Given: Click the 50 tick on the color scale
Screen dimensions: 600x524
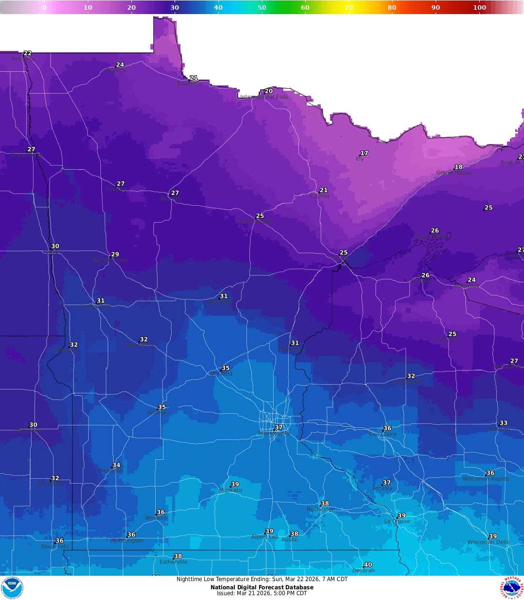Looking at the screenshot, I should click(262, 7).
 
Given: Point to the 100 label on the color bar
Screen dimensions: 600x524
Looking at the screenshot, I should click(479, 7).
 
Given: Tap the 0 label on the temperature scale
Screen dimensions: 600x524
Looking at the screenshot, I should click(44, 7).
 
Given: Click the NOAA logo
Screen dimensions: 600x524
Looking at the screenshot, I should click(12, 587).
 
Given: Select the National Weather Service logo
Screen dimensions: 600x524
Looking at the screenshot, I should click(512, 587).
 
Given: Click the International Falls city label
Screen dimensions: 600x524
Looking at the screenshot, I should click(264, 97).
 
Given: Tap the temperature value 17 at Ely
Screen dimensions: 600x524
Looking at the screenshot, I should click(364, 153).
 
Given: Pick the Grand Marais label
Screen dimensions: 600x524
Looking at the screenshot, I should click(454, 173).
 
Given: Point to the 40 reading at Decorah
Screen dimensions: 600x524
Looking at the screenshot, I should click(368, 565).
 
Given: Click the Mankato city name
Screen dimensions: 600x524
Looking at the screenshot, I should click(230, 490).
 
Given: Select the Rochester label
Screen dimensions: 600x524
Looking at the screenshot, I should click(320, 509).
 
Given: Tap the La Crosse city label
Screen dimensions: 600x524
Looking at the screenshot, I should click(397, 521).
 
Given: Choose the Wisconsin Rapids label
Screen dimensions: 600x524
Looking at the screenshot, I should click(486, 479).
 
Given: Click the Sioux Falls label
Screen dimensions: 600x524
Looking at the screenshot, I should click(55, 547).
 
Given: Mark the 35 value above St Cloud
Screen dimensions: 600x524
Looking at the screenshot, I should click(226, 368).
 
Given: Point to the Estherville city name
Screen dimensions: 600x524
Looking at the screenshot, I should click(173, 562).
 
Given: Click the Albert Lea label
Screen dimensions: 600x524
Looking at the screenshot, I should click(265, 537).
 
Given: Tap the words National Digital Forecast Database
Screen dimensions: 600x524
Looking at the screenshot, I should click(262, 587).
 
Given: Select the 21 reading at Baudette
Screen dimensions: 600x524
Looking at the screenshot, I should click(194, 78).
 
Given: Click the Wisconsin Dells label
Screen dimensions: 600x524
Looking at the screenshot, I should click(489, 542).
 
